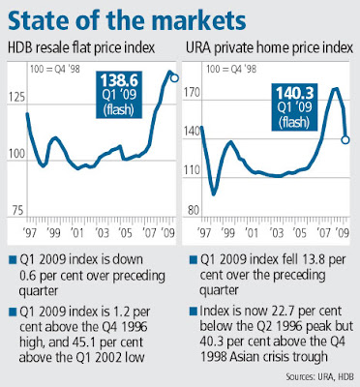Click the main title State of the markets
pyautogui.click(x=127, y=21)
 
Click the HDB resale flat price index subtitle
pyautogui.click(x=81, y=48)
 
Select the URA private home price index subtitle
pyautogui.click(x=269, y=48)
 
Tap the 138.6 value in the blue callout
pyautogui.click(x=119, y=80)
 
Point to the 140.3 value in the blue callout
pyautogui.click(x=294, y=93)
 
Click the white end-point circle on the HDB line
pyautogui.click(x=174, y=78)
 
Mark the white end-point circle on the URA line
pyautogui.click(x=345, y=139)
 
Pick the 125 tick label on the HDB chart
pyautogui.click(x=16, y=97)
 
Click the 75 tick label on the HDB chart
pyautogui.click(x=18, y=210)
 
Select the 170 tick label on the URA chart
pyautogui.click(x=193, y=93)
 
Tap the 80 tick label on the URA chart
pyautogui.click(x=194, y=210)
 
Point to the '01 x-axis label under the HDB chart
pyautogui.click(x=77, y=232)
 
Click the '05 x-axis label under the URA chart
pyautogui.click(x=300, y=232)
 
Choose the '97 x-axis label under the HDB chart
pyautogui.click(x=30, y=232)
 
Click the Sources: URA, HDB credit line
pyautogui.click(x=319, y=376)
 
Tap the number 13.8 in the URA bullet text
pyautogui.click(x=315, y=259)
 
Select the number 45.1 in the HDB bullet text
pyautogui.click(x=83, y=342)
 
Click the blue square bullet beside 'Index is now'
pyautogui.click(x=194, y=312)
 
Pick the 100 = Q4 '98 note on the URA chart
pyautogui.click(x=231, y=69)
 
